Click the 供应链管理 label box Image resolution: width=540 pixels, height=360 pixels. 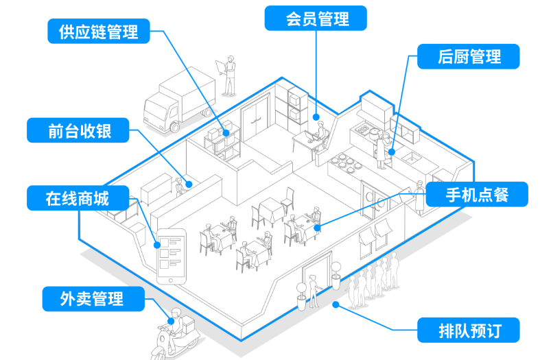(99, 31)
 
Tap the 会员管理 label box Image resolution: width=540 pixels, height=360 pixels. (316, 19)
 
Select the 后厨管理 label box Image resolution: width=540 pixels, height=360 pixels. (469, 57)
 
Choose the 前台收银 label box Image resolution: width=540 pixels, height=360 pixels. (79, 131)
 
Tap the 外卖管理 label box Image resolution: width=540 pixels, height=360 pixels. (91, 299)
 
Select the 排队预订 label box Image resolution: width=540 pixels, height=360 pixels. (469, 331)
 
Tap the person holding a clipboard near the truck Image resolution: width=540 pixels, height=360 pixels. (229, 75)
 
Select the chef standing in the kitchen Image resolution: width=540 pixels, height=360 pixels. (381, 147)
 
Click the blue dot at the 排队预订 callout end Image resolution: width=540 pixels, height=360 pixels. (336, 304)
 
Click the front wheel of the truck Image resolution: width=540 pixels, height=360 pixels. (174, 126)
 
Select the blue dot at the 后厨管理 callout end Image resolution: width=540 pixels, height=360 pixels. (390, 152)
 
